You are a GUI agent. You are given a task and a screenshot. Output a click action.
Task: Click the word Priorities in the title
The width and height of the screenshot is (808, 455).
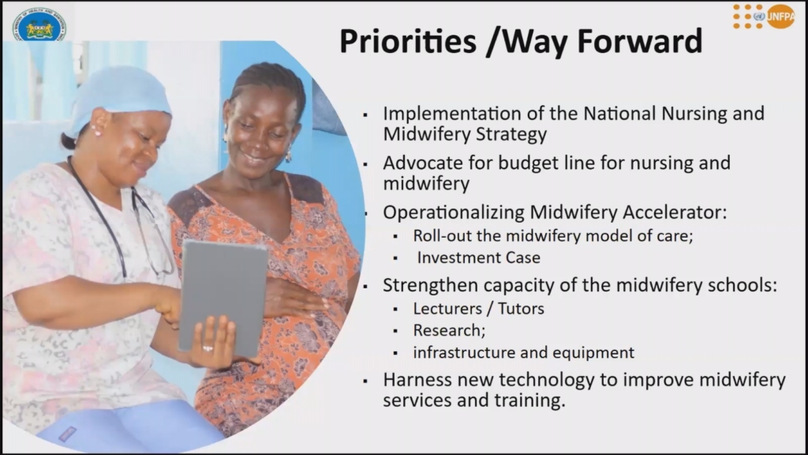[x=408, y=42]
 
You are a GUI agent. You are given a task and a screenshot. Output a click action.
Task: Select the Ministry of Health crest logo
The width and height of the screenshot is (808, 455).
[x=39, y=25]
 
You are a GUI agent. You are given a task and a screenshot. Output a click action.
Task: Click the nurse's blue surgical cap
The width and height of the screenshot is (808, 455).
[x=120, y=98]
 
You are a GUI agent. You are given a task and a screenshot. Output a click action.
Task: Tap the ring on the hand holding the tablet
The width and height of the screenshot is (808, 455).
[x=208, y=348]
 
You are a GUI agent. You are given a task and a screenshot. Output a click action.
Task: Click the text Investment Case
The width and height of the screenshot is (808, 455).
[x=479, y=258]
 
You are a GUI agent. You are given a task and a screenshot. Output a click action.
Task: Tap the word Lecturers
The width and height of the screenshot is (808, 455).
[x=447, y=309]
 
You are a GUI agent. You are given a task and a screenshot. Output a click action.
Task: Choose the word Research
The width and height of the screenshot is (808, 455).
[x=447, y=330]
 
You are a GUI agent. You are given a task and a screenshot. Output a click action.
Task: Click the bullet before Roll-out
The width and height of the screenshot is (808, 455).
[x=395, y=237]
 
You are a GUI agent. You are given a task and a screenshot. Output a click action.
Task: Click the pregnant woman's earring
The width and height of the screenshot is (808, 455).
[x=289, y=154]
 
